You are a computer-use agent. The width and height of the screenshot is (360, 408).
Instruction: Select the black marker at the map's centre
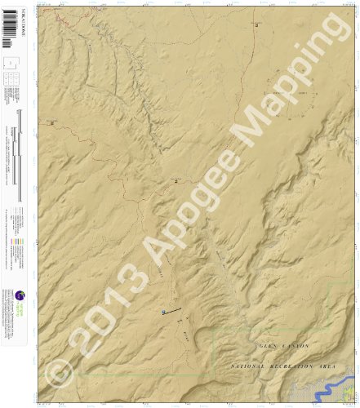[175, 181]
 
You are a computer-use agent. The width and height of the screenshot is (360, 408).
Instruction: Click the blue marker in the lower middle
[163, 313]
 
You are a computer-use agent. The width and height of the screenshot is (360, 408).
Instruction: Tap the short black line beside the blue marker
[172, 308]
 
